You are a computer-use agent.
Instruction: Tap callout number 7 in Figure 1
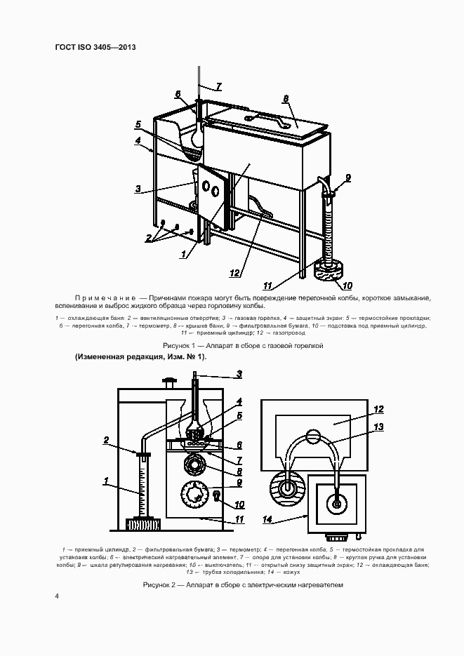(x=218, y=86)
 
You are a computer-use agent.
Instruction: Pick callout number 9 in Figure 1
(x=348, y=178)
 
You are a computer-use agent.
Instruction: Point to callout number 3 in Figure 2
(x=239, y=374)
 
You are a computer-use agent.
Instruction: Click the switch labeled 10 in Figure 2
(x=217, y=497)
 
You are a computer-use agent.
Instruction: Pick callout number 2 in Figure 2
(x=105, y=441)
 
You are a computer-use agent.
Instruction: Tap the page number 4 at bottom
(x=57, y=596)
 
